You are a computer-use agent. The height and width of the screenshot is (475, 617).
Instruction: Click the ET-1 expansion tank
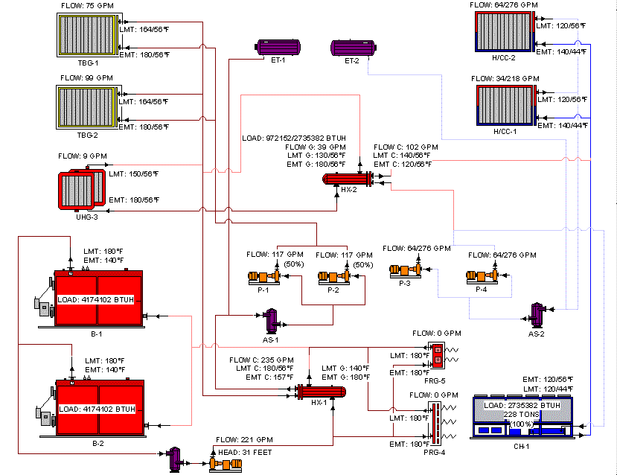point(278,47)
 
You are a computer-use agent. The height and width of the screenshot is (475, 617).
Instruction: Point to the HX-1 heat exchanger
point(321,392)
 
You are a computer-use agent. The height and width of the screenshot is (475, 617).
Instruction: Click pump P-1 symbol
point(263,276)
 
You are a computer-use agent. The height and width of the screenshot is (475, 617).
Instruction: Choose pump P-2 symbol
point(333,276)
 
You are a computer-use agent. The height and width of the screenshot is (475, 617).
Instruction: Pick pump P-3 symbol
point(406,270)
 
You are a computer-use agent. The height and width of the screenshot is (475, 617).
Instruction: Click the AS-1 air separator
point(271,321)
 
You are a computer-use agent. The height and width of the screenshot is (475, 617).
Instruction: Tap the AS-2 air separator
point(537,315)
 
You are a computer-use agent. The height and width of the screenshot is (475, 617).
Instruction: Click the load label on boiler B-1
point(95,299)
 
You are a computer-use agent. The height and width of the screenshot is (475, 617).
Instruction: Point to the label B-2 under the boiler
point(98,443)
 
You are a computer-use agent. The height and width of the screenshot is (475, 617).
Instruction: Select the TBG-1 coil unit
point(88,35)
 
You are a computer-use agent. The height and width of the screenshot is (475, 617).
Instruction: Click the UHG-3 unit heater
point(81,189)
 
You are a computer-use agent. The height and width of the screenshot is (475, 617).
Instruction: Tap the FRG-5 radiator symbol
point(437,355)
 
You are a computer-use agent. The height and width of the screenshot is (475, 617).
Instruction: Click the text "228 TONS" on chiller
point(521,415)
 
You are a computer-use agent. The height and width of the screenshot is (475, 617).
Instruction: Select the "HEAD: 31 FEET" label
point(245,452)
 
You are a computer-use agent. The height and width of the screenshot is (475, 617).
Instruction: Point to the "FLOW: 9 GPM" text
point(82,156)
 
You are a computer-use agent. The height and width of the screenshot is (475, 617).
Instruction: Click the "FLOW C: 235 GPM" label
point(261,360)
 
